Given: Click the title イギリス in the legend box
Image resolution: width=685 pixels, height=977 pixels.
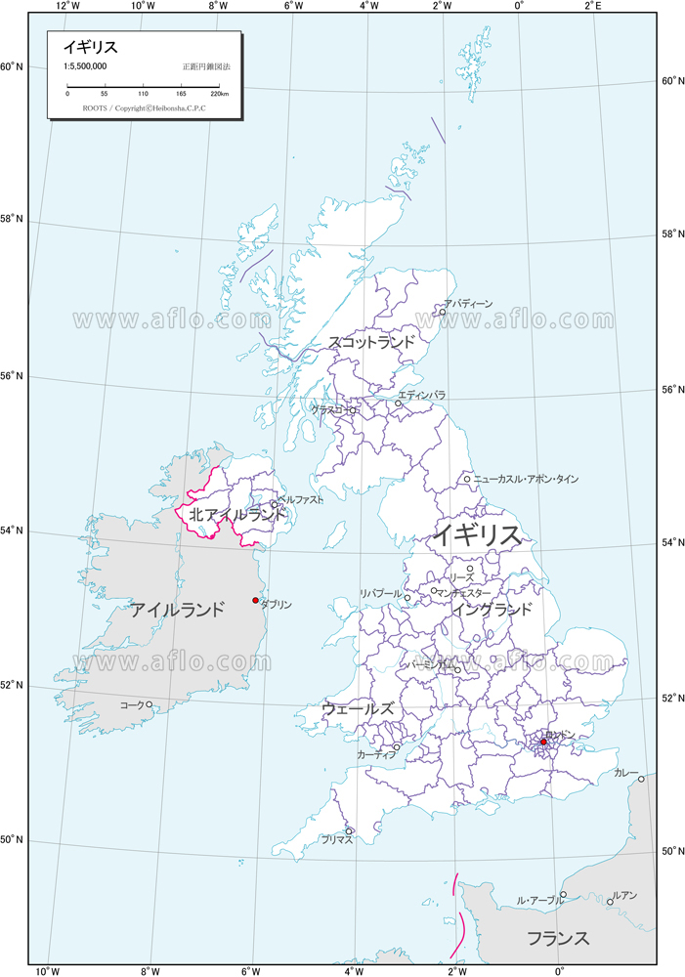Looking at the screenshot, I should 91,47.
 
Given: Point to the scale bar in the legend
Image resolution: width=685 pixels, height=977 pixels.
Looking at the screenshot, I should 146,85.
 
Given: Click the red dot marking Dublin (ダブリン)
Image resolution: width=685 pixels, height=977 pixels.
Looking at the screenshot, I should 255,600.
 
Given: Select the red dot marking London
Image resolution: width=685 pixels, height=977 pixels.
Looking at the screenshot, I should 543,742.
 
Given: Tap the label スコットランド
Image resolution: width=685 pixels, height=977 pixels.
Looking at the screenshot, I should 371,343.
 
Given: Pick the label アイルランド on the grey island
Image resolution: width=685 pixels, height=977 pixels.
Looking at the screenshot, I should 179,610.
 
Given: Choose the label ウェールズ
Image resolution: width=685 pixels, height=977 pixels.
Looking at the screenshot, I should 358,708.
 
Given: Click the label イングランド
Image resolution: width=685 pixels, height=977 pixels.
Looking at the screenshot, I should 492,610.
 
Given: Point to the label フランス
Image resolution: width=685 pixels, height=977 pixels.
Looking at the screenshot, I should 558,939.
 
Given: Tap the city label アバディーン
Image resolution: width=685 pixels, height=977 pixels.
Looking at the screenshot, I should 468,305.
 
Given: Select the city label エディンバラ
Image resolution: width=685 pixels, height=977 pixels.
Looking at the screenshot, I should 422,395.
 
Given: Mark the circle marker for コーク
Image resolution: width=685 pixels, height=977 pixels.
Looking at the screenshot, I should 149,704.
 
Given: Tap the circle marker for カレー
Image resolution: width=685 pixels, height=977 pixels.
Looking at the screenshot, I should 641,779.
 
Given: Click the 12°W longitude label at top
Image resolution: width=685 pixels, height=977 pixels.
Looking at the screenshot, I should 67,6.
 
